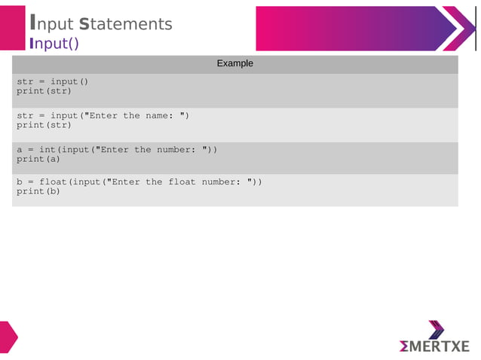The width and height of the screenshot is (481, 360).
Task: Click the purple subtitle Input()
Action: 54,43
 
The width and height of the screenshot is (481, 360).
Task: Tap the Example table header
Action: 234,63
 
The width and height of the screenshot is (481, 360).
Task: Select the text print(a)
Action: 38,160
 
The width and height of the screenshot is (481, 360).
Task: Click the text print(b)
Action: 38,192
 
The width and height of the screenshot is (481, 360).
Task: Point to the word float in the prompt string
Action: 182,182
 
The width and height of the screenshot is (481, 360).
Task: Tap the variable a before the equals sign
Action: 20,150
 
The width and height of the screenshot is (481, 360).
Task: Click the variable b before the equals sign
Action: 20,182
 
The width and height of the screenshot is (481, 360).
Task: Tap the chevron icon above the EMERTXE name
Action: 437,329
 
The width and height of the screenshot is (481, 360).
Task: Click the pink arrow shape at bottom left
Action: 8,337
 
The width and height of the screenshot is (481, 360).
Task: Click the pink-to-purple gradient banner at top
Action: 354,29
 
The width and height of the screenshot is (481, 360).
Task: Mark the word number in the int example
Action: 179,150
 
